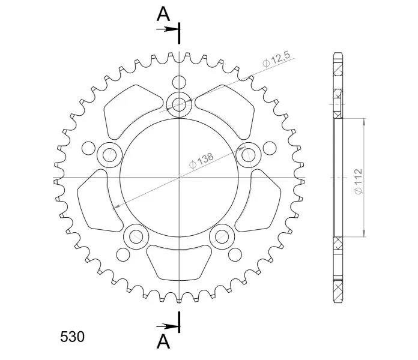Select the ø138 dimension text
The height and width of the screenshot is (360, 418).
201,161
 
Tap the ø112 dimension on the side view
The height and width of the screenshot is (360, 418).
359,181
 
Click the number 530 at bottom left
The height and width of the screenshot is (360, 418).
72,337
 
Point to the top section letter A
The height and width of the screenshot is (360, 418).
163,14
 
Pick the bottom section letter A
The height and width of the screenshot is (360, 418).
163,341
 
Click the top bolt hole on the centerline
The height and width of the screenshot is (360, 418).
179,104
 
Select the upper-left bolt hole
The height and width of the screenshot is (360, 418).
109,155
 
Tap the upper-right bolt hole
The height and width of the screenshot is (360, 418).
249,155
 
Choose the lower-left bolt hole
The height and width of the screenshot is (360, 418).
136,236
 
